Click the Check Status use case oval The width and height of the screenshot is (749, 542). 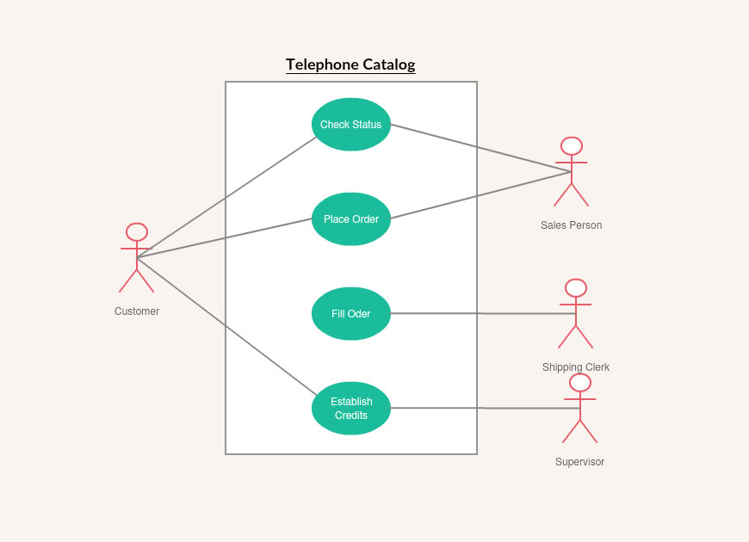pos(351,125)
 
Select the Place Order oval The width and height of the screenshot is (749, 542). pos(351,219)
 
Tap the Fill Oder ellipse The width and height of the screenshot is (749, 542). pos(351,314)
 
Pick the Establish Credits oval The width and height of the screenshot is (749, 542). pos(351,409)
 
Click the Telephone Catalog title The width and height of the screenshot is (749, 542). pos(350,65)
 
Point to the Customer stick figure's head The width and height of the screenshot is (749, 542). pos(137,232)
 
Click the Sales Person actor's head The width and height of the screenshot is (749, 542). pos(571,146)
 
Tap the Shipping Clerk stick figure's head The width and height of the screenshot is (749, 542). pos(576,288)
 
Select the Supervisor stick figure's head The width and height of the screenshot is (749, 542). pos(580,383)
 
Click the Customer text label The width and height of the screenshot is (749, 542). pos(137,311)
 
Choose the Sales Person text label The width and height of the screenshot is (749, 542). pos(571,225)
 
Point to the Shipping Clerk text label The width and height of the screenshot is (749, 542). pos(576,367)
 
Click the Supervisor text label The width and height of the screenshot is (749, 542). pos(579,462)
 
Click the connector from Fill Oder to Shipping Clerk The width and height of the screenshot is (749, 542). pos(482,314)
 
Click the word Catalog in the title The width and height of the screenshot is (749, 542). pos(388,65)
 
